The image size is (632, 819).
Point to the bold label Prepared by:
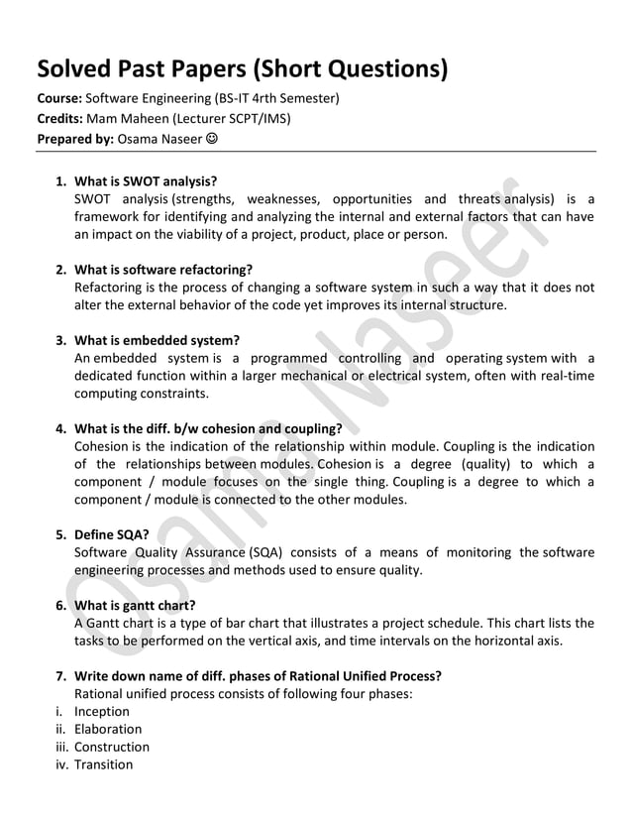[75, 140]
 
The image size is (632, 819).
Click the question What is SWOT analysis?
[146, 181]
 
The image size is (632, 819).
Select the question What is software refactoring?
[163, 269]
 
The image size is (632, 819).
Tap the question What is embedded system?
[158, 340]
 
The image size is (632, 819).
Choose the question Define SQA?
[112, 534]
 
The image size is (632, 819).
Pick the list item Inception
[102, 711]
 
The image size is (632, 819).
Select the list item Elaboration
[108, 729]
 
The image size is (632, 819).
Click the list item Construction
[112, 747]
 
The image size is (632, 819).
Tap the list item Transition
[104, 764]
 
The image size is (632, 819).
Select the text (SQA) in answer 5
[264, 552]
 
